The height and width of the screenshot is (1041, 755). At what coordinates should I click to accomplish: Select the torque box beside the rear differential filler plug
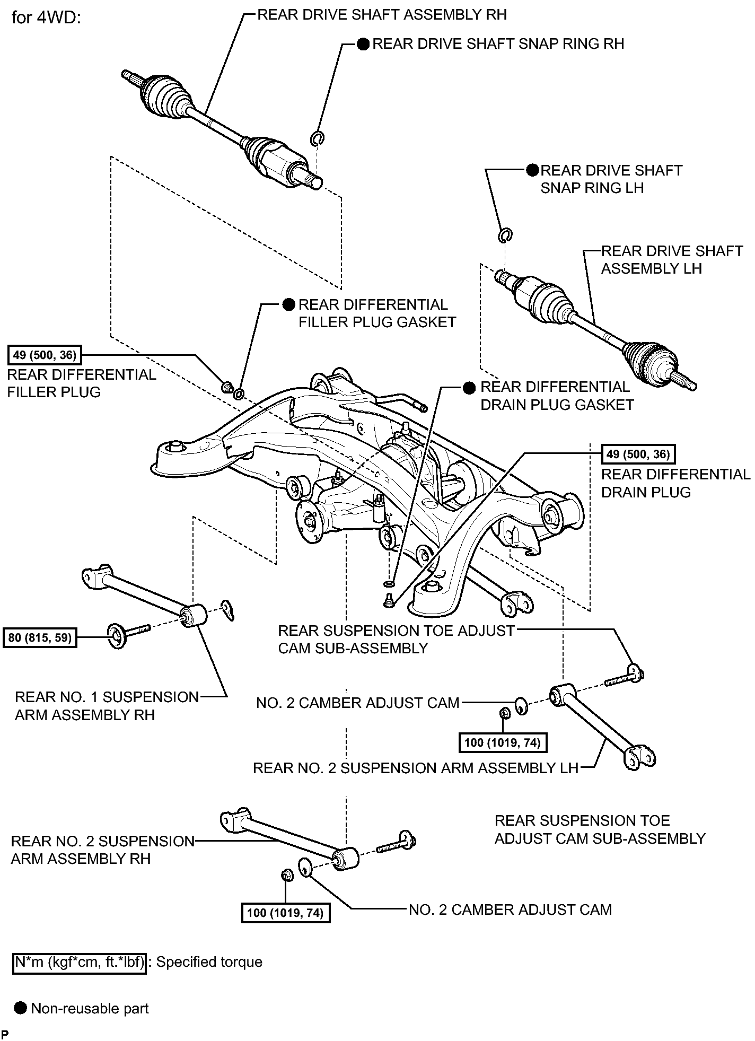click(x=45, y=355)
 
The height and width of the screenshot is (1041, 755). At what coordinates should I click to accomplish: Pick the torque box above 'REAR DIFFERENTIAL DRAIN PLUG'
click(x=638, y=454)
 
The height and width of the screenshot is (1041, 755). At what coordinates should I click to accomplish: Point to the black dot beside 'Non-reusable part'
click(x=21, y=1008)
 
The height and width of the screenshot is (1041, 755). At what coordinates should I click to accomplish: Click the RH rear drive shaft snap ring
click(x=317, y=138)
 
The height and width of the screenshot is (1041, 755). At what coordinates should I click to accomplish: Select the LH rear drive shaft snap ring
click(x=505, y=234)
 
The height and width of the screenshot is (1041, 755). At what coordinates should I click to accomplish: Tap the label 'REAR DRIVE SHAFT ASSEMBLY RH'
click(x=382, y=14)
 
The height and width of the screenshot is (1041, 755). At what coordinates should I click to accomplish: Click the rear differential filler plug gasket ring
click(x=239, y=393)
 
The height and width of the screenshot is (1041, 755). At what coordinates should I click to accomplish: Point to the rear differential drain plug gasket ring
click(x=388, y=584)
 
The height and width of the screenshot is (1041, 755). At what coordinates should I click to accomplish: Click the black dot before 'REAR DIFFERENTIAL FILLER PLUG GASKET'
click(x=288, y=304)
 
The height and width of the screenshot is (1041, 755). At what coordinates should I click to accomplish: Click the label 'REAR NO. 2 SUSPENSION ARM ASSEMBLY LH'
click(x=415, y=768)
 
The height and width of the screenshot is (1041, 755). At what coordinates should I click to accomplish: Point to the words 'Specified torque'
click(x=209, y=962)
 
